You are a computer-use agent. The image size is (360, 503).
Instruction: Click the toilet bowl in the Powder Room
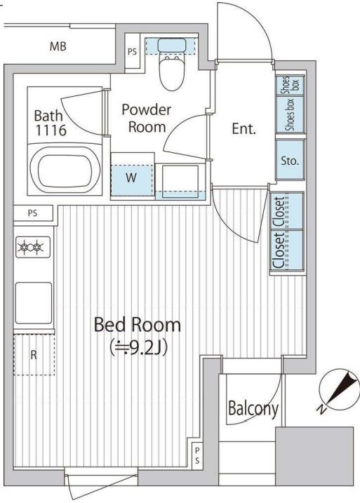click(172, 74)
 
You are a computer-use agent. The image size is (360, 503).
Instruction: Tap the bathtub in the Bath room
click(65, 170)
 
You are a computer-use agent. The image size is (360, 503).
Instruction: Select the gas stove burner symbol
click(33, 247)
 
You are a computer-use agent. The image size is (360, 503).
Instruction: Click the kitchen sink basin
click(34, 303)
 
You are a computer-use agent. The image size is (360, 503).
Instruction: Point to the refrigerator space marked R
click(34, 354)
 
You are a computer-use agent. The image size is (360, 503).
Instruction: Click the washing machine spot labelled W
click(131, 180)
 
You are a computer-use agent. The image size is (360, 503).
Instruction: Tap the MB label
click(58, 46)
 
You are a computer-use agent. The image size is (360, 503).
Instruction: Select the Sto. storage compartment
click(290, 160)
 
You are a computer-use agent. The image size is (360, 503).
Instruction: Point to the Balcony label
click(253, 409)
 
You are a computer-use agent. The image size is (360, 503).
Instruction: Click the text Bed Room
click(138, 325)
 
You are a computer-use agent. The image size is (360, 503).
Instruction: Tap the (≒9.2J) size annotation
click(138, 348)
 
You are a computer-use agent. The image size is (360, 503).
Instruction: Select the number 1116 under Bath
click(51, 130)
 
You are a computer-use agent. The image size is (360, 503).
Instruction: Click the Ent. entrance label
click(244, 128)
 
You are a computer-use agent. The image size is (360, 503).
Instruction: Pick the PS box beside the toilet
click(132, 51)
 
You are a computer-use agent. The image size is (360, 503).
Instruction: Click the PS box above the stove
click(33, 213)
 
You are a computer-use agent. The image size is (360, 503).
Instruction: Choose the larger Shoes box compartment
click(290, 114)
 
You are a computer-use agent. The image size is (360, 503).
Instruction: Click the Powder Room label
click(147, 119)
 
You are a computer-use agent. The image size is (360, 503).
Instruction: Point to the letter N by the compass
click(321, 409)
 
